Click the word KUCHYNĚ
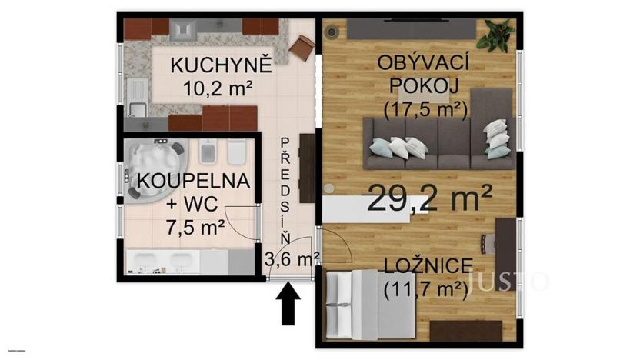(x=222, y=65)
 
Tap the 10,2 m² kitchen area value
(x=218, y=88)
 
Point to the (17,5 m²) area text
(x=425, y=110)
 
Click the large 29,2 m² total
(x=430, y=199)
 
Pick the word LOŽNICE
(x=428, y=266)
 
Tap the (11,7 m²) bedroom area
(x=425, y=290)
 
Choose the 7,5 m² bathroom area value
(x=195, y=226)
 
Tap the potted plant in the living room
(x=496, y=34)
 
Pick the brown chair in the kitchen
(x=302, y=48)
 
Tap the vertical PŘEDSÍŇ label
(x=285, y=188)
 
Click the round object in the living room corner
(x=333, y=33)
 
